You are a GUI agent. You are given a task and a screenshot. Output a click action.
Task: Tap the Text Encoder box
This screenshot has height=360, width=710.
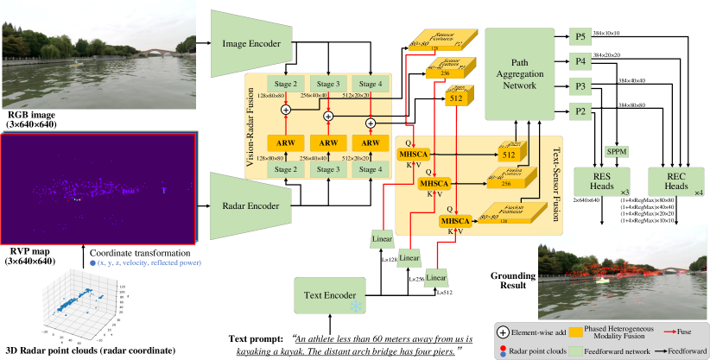[329, 295]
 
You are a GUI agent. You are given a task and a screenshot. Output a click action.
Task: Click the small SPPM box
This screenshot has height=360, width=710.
[617, 152]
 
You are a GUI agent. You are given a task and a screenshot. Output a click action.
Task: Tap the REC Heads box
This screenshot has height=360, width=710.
[676, 180]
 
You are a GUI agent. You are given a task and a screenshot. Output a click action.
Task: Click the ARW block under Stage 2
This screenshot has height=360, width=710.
[285, 143]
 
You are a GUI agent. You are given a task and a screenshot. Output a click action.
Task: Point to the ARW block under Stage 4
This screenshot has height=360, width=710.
[370, 143]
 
